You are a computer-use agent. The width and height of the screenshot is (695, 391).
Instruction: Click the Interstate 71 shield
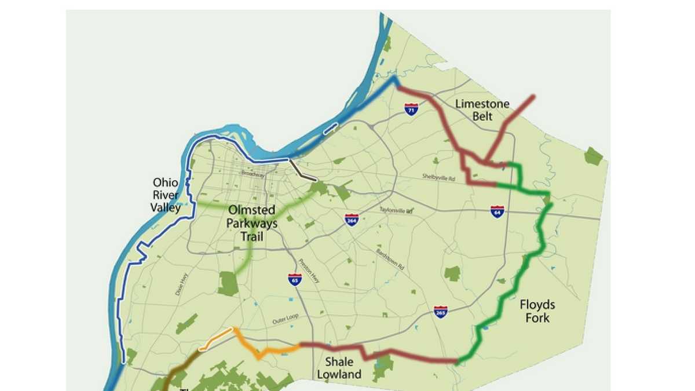pyautogui.click(x=411, y=109)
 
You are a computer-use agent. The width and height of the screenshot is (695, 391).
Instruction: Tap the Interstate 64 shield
pyautogui.click(x=497, y=211)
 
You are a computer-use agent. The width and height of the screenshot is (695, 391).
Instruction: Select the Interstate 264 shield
pyautogui.click(x=352, y=220)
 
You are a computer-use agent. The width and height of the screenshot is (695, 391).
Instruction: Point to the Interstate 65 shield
pyautogui.click(x=294, y=280)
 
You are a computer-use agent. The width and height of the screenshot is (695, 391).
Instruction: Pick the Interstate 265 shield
pyautogui.click(x=440, y=312)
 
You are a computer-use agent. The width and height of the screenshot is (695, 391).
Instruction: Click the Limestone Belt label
pyautogui.click(x=482, y=110)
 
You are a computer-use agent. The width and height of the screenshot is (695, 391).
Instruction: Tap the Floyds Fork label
pyautogui.click(x=537, y=311)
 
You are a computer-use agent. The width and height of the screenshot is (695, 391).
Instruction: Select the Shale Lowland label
pyautogui.click(x=339, y=368)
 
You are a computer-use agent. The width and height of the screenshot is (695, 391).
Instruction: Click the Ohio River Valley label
pyautogui.click(x=166, y=195)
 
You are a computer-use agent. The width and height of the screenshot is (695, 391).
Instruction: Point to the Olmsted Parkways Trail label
pyautogui.click(x=252, y=223)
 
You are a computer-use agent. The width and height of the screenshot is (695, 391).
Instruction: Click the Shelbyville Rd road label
pyautogui.click(x=440, y=178)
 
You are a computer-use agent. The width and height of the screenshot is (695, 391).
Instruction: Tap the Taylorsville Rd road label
pyautogui.click(x=396, y=210)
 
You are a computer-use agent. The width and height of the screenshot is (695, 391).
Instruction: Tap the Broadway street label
pyautogui.click(x=253, y=174)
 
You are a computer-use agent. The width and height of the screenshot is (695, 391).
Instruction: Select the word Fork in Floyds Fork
pyautogui.click(x=537, y=318)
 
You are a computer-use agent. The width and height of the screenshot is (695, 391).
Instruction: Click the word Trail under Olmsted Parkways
pyautogui.click(x=252, y=236)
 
